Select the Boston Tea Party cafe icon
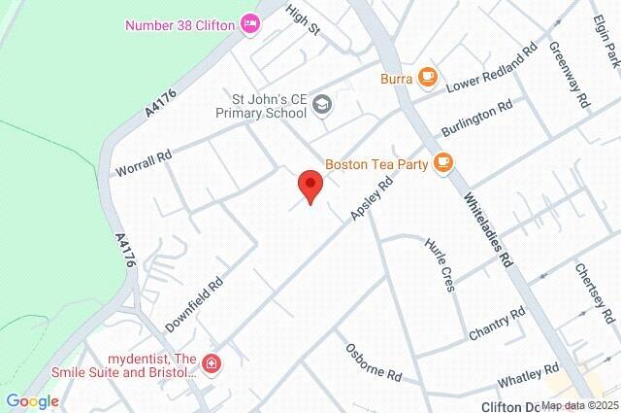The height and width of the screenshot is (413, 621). (442, 162)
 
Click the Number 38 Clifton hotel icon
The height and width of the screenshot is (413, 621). (250, 23)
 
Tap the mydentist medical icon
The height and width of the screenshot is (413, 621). (212, 363)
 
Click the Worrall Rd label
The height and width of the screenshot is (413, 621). (143, 155)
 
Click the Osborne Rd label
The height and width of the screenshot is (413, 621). (374, 361)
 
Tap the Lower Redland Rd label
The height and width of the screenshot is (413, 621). (491, 69)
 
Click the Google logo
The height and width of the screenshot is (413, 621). (32, 400)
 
